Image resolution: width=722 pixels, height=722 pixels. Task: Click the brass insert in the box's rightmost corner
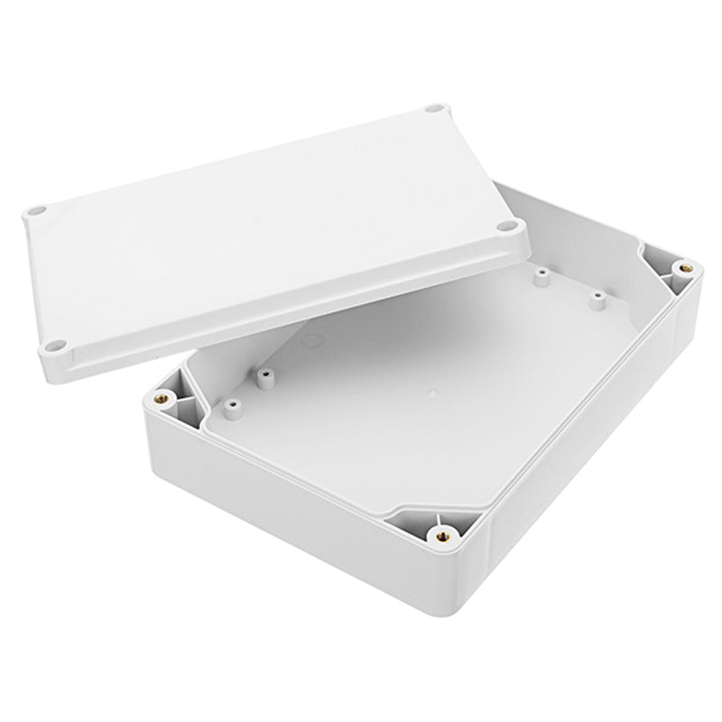(685, 267)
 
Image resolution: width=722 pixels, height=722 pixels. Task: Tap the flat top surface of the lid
(262, 226)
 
